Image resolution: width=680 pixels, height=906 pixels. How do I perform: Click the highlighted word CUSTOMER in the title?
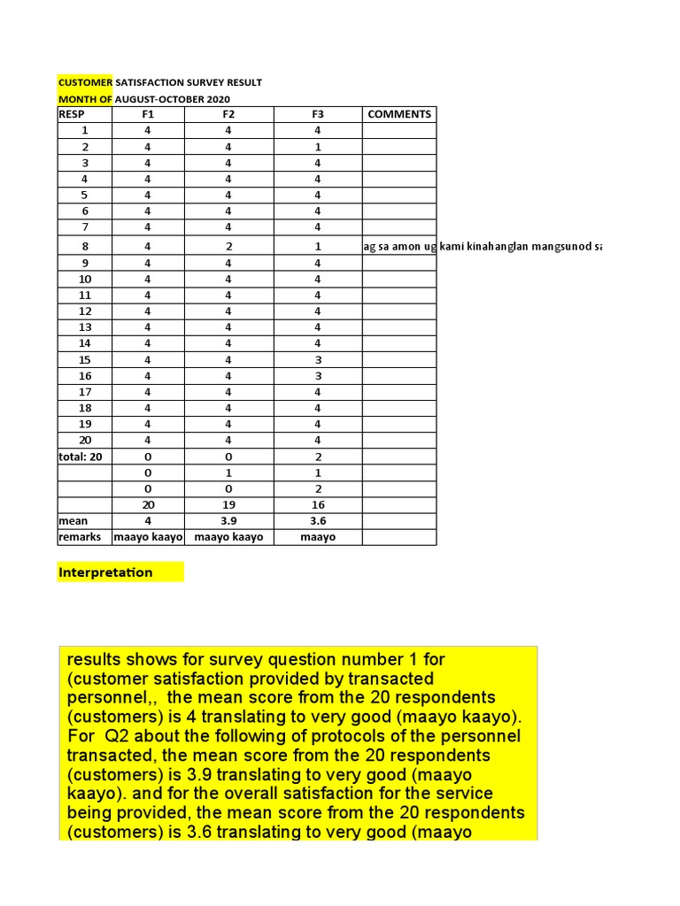coord(85,82)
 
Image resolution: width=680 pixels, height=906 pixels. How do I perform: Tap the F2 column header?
coord(228,114)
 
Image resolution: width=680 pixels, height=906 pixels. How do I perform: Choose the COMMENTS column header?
coord(399,114)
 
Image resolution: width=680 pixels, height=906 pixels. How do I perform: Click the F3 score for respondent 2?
coord(318,147)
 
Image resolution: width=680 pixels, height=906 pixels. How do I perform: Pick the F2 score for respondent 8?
coord(228,246)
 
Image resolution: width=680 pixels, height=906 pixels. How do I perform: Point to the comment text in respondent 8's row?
coord(482,246)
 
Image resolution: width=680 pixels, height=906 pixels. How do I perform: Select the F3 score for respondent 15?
coord(318,360)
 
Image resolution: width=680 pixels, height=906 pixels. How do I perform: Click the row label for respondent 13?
coord(85,327)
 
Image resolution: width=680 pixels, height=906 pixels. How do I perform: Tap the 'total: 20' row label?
coord(81,457)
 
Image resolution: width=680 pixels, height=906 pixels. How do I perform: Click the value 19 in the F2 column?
coord(228,505)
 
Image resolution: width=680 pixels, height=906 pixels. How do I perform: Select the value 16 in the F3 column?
coord(318,505)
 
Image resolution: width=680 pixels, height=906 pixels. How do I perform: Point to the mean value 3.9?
coord(228,521)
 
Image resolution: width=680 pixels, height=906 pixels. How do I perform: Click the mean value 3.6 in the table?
coord(318,521)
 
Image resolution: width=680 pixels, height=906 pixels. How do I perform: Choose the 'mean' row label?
coord(73,521)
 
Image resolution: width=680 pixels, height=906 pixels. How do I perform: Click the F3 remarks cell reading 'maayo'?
coord(318,537)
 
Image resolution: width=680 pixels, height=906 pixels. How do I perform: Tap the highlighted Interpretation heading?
coord(105,572)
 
